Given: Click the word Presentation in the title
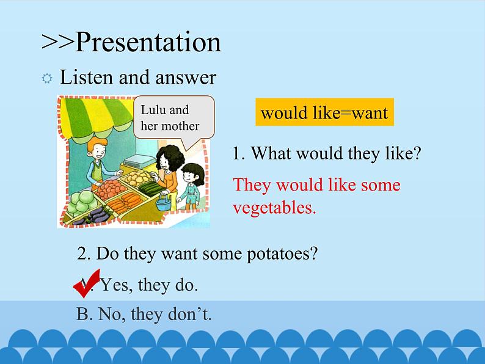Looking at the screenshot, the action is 148,42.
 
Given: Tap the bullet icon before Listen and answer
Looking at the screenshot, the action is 47,79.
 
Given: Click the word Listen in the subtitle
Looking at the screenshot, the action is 86,77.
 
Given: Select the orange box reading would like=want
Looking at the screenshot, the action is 324,112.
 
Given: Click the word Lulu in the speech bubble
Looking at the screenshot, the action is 153,110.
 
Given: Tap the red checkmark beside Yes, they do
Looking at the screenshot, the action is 87,283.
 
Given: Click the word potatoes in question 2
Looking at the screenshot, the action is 282,254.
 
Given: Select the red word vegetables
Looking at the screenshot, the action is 274,208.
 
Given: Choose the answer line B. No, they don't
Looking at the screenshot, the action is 144,314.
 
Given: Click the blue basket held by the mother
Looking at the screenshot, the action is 163,202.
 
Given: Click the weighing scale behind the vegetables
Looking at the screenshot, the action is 139,161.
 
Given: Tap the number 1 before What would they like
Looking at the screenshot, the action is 238,153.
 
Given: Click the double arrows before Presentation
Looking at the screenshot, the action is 57,42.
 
